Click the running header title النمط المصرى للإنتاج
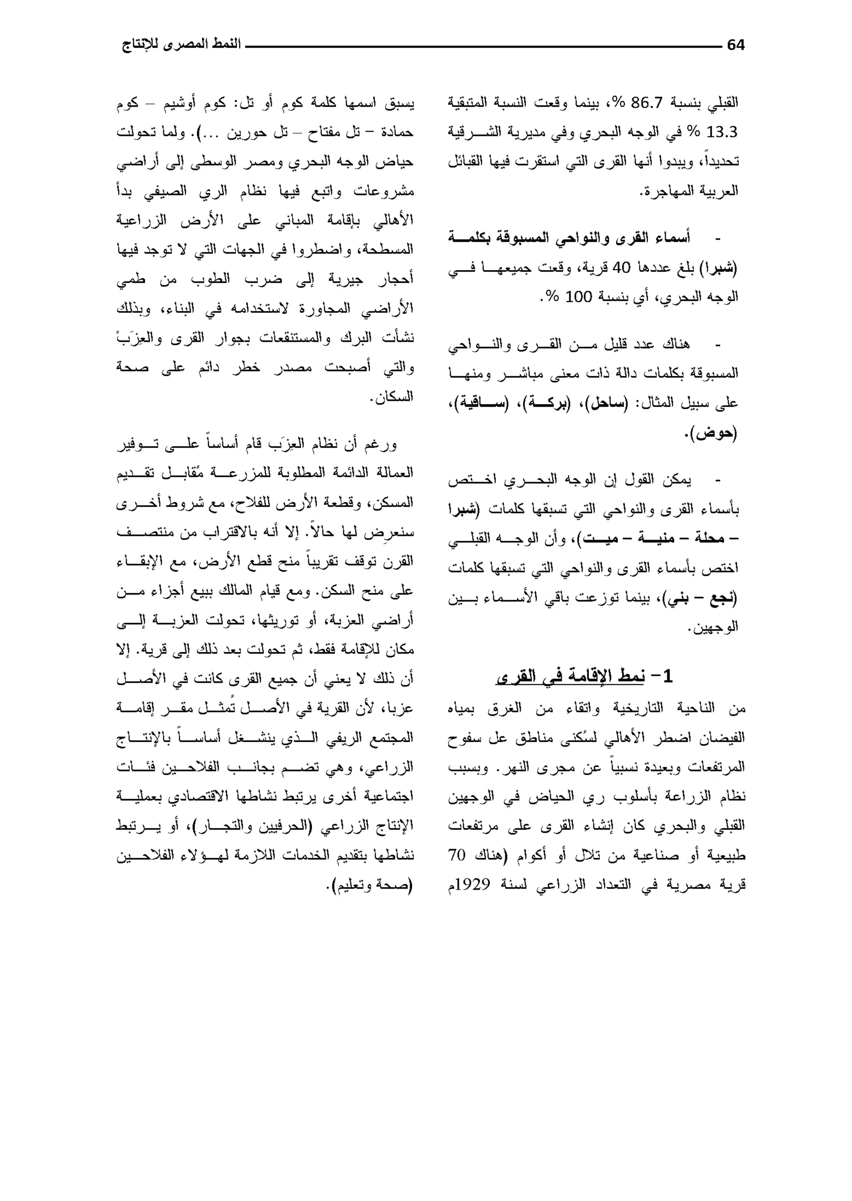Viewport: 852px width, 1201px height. coord(181,45)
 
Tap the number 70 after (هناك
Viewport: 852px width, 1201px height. coord(456,855)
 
